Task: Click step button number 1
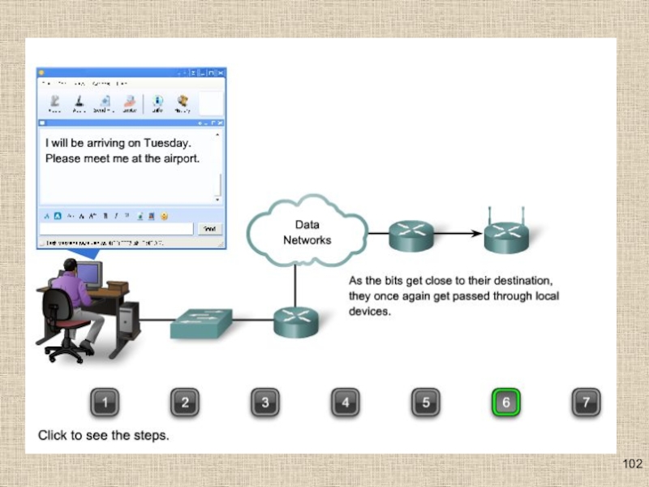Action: (105, 402)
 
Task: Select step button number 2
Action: (185, 402)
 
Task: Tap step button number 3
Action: (265, 402)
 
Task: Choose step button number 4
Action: (345, 402)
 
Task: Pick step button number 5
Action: (425, 402)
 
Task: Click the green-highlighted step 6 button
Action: (505, 402)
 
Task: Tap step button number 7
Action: (586, 402)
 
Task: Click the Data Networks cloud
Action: (307, 231)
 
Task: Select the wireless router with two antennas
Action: (506, 235)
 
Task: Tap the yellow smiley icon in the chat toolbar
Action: (164, 216)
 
